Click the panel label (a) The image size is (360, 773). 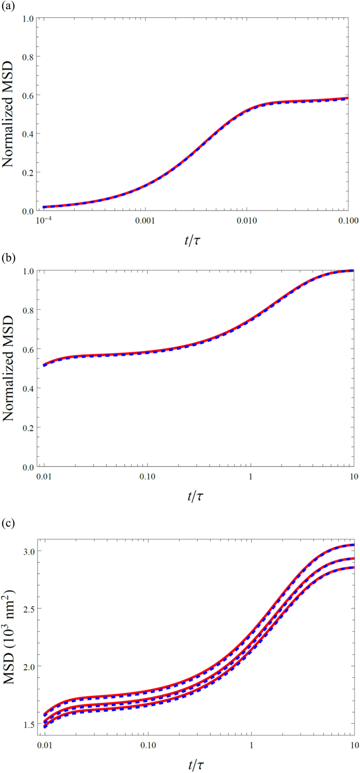pyautogui.click(x=8, y=6)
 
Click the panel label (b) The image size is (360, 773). pyautogui.click(x=8, y=258)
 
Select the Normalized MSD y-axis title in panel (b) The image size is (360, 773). pyautogui.click(x=9, y=369)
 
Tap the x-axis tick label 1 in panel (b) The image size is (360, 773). pyautogui.click(x=251, y=477)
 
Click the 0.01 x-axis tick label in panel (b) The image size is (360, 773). pyautogui.click(x=44, y=477)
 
